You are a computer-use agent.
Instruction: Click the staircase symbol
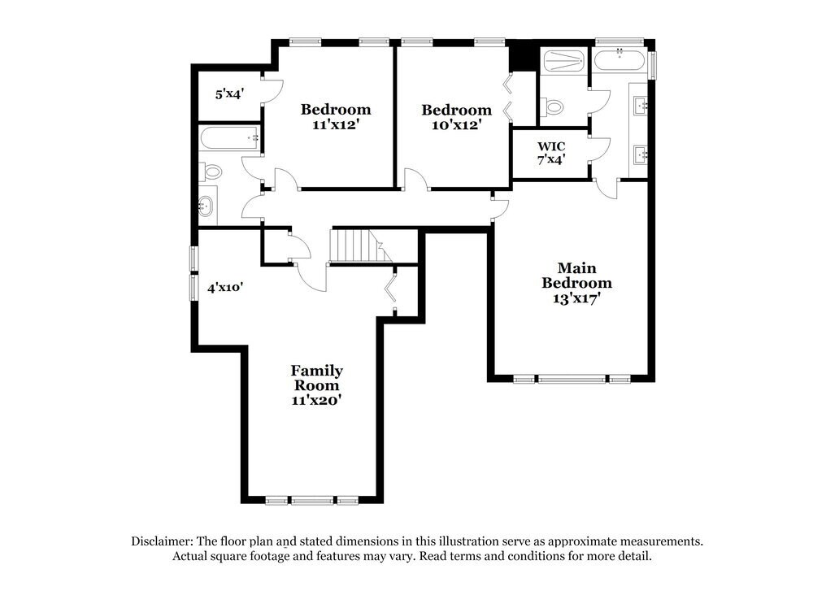[x=350, y=245]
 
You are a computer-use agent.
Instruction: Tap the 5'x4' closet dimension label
[x=229, y=94]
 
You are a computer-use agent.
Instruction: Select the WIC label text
[x=551, y=146]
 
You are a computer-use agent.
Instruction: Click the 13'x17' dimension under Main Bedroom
[x=577, y=298]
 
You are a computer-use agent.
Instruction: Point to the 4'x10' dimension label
[x=225, y=287]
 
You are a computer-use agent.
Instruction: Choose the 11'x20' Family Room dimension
[x=316, y=400]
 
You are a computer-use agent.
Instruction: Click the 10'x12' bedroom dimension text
[x=456, y=125]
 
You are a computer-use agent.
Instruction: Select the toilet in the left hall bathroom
[x=212, y=172]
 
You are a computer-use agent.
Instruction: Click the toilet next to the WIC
[x=554, y=106]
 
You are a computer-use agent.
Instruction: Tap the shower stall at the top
[x=563, y=60]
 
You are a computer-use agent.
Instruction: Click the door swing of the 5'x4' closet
[x=272, y=89]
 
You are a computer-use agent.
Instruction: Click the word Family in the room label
[x=316, y=371]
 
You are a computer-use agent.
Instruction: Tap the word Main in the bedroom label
[x=576, y=267]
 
